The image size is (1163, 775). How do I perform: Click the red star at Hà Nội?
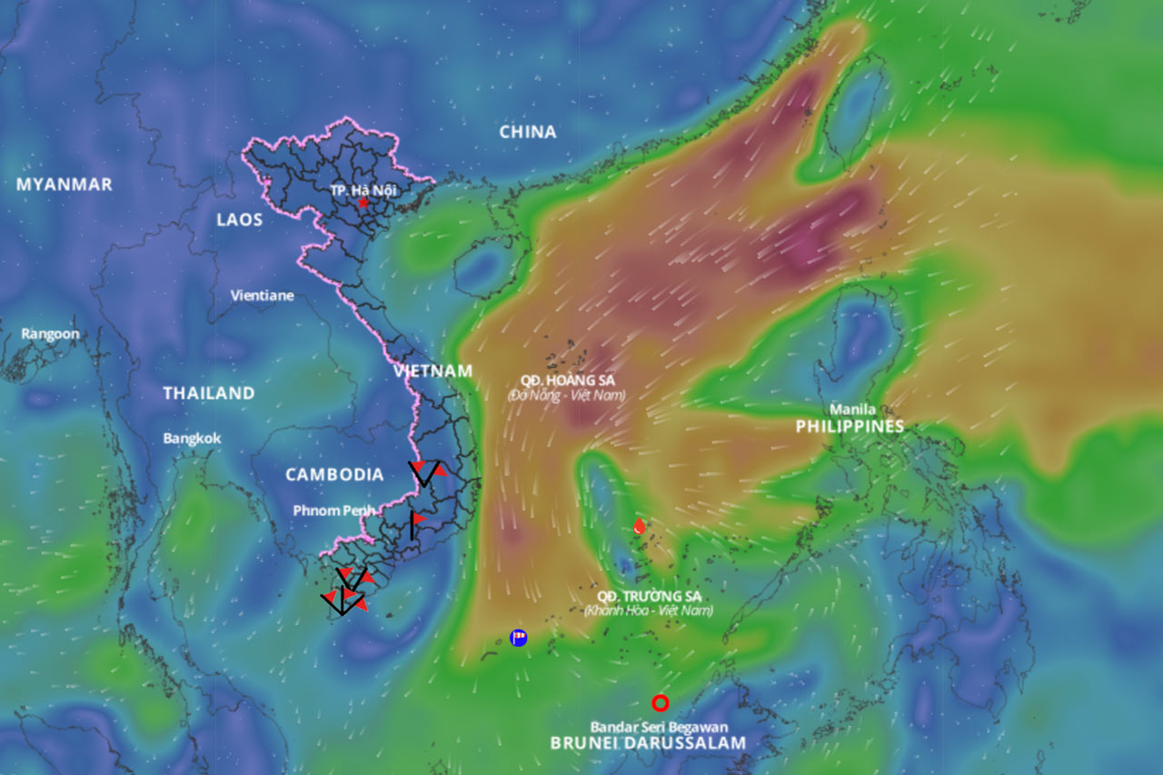pos(363,203)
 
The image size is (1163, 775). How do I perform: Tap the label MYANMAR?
pos(65,184)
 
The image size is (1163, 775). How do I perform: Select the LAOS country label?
pos(240,219)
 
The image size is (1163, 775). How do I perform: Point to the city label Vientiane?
pos(263,295)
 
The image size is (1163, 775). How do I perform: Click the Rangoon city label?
pos(51,333)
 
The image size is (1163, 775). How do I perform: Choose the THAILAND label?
pos(209,393)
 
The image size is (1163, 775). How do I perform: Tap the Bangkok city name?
pos(192,438)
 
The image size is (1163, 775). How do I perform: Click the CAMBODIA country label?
pos(334,474)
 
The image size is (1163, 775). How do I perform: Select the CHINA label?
pos(528,132)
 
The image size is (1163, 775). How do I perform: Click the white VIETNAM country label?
pos(433,371)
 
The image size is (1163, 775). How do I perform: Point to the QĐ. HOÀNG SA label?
pos(569,380)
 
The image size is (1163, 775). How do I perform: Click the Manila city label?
pos(852,410)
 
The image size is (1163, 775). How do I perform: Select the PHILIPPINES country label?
pos(850,426)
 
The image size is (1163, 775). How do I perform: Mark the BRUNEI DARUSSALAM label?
pos(648,742)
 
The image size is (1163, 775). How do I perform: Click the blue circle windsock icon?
pos(519,638)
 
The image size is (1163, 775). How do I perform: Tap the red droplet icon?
pos(640,526)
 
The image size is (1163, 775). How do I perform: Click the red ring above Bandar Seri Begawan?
pos(661,702)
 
